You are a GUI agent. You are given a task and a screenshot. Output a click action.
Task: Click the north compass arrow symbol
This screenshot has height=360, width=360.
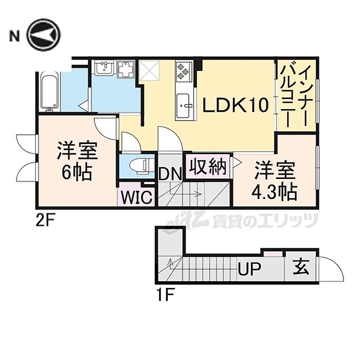click(44, 35)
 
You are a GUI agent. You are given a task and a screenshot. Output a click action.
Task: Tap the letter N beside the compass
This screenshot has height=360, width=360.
click(14, 36)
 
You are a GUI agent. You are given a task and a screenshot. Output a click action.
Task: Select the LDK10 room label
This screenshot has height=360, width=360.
click(235, 106)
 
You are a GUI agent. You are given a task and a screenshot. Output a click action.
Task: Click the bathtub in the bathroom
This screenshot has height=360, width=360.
click(49, 93)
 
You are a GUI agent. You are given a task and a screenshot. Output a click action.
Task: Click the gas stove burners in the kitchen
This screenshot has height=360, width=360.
click(184, 72)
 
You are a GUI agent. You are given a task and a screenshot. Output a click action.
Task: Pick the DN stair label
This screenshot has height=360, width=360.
click(169, 173)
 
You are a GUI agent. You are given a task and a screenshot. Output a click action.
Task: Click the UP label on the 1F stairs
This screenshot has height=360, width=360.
click(249, 268)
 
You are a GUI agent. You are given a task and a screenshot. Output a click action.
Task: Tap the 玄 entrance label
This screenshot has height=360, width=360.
click(301, 268)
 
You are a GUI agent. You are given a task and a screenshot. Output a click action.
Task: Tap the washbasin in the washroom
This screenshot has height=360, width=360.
click(104, 68)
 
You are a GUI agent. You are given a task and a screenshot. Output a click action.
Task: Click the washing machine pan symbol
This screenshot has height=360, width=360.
click(126, 69)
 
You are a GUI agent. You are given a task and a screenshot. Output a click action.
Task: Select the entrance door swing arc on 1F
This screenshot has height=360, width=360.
click(332, 270)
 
